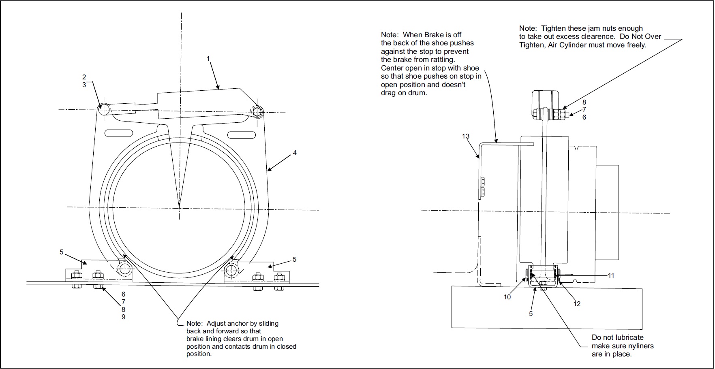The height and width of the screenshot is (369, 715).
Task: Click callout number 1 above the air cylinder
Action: [208, 59]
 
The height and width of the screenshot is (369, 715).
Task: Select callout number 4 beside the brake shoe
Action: [295, 153]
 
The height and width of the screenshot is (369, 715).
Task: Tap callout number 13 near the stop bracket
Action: [466, 137]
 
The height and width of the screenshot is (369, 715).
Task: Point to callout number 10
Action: [507, 297]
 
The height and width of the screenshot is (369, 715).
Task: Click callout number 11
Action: [611, 276]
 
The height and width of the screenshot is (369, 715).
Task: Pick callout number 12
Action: [577, 304]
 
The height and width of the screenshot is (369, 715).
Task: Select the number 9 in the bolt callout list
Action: [124, 317]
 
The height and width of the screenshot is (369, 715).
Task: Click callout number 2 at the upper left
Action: [84, 77]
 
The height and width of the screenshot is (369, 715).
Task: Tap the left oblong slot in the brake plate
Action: [118, 133]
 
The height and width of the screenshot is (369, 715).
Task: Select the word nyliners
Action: [640, 346]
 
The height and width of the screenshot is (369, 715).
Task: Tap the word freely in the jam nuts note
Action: [635, 45]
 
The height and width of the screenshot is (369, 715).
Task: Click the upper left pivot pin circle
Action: [104, 109]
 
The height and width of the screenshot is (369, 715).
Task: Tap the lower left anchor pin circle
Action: [124, 268]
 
